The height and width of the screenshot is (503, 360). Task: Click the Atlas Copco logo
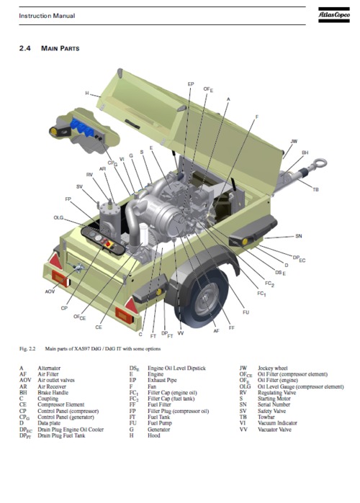(333, 14)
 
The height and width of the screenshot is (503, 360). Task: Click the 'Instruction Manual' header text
(46, 16)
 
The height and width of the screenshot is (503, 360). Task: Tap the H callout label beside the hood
(87, 94)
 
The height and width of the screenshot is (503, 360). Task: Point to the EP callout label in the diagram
(190, 84)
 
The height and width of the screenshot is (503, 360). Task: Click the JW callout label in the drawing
(293, 141)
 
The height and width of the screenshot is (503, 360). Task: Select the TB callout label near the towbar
(315, 189)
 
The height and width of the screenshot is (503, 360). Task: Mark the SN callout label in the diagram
(299, 235)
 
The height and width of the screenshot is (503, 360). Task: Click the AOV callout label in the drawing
(50, 291)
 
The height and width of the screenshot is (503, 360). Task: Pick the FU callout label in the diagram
(246, 312)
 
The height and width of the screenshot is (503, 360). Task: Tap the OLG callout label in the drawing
(58, 217)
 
